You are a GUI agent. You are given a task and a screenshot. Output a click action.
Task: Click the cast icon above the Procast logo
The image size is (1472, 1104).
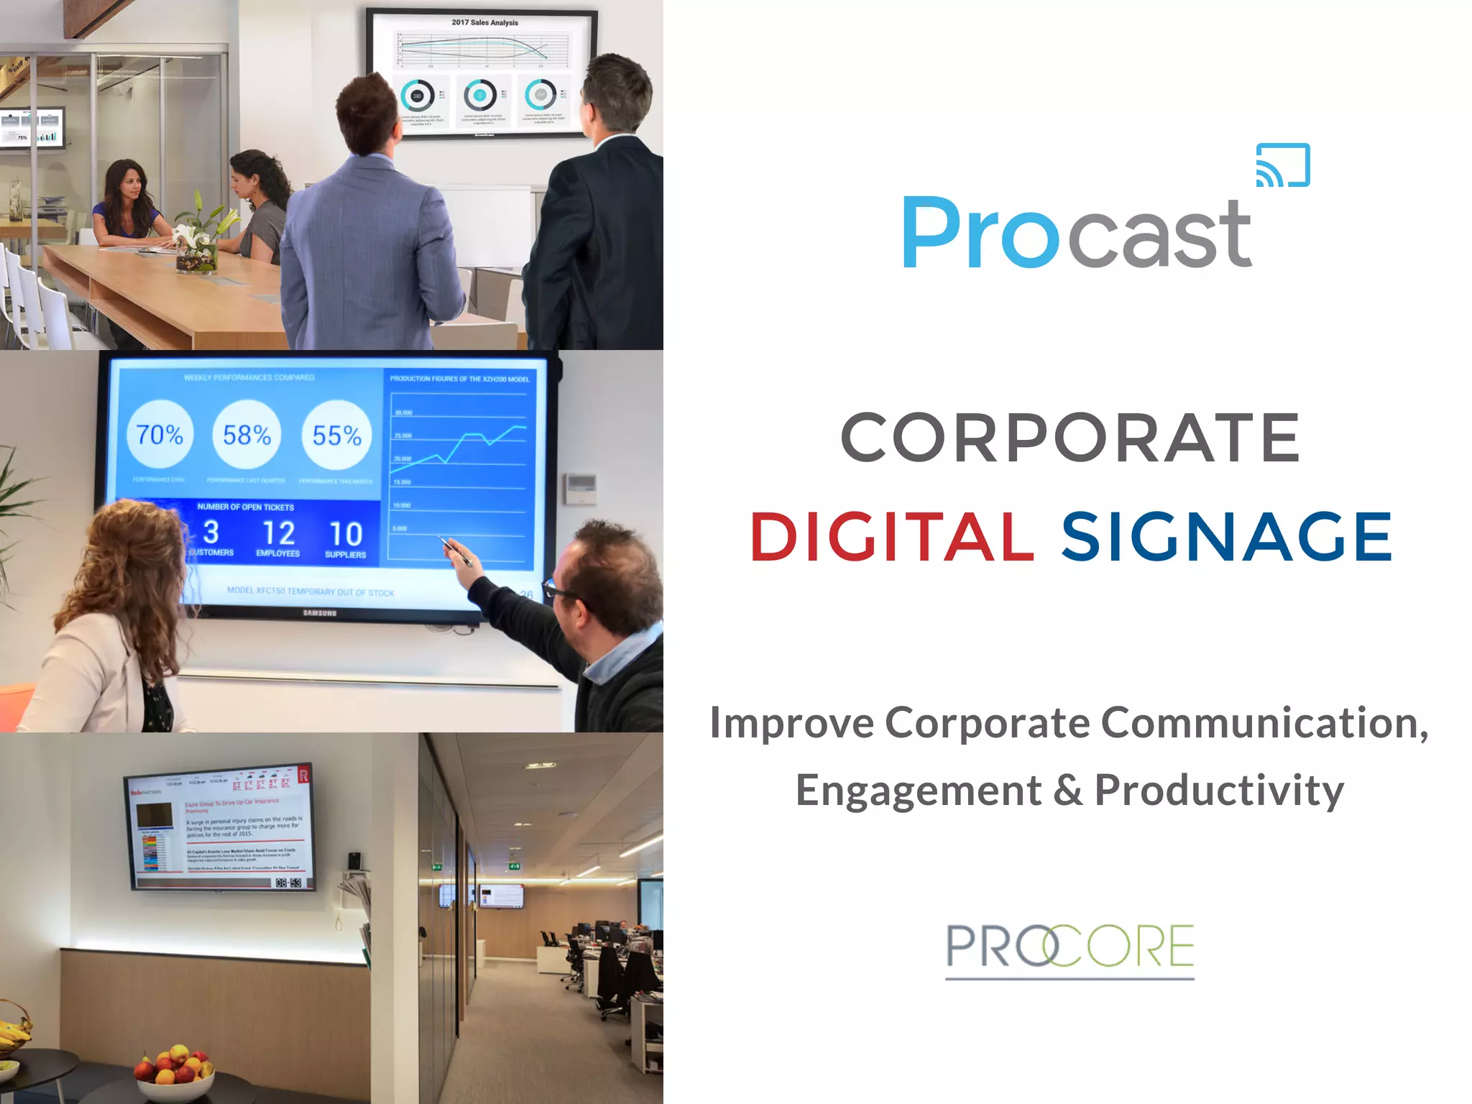[1283, 165]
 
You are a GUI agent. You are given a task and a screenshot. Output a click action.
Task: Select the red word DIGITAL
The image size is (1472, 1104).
[892, 536]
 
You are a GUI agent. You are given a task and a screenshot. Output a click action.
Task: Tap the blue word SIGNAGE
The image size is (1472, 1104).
[1227, 536]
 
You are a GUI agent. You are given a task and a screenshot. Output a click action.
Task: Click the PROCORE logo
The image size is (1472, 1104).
[1069, 948]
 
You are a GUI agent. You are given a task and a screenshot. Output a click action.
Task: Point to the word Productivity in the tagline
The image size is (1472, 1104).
[1219, 791]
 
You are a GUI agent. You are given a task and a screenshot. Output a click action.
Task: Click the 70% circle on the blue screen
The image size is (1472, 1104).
[160, 434]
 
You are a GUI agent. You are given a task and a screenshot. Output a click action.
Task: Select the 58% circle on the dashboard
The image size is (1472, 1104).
[247, 435]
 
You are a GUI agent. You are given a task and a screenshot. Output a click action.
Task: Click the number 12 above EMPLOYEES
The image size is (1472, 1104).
[278, 533]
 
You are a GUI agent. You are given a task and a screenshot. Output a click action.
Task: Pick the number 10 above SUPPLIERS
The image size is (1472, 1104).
[346, 534]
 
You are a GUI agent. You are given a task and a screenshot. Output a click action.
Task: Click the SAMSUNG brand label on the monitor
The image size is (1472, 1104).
[320, 613]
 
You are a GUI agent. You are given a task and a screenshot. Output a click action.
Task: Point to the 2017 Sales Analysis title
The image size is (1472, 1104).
[484, 22]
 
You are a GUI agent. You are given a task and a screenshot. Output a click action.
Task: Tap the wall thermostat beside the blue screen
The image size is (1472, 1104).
[580, 488]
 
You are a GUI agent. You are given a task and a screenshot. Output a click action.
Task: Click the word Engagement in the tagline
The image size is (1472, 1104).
[918, 791]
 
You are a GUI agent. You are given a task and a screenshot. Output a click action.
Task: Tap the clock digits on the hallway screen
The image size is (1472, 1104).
[288, 882]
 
